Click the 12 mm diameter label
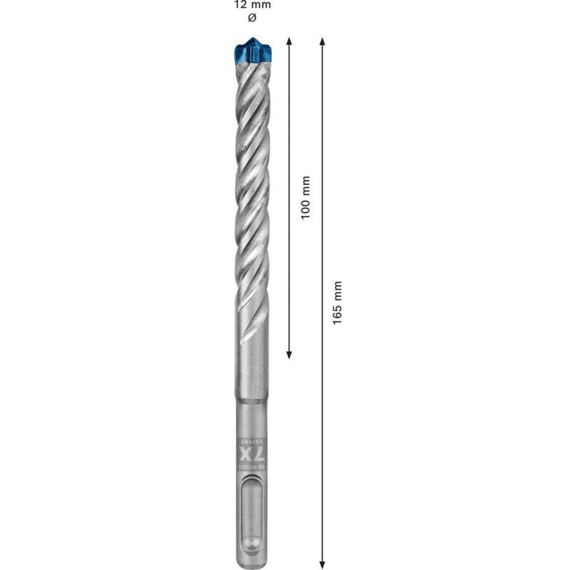pos(252,5)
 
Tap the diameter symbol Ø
pos(252,16)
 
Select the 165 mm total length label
pos(338,303)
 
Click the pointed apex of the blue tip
pos(253,38)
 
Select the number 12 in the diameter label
pos(240,5)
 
